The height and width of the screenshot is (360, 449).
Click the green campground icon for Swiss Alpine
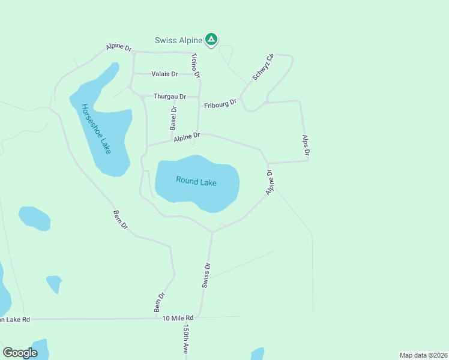(211, 40)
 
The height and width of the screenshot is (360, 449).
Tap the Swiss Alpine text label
(178, 40)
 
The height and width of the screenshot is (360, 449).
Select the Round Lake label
(196, 181)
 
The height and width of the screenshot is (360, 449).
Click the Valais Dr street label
(164, 74)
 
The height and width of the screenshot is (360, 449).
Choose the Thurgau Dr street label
(170, 96)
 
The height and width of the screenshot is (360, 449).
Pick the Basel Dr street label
(173, 118)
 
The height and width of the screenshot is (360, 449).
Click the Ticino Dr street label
(195, 65)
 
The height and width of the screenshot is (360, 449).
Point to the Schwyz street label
(263, 67)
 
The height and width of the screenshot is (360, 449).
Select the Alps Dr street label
(306, 146)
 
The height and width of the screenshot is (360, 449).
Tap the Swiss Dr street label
(206, 274)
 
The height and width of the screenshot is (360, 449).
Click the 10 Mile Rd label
(178, 317)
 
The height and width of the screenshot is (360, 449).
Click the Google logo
(20, 352)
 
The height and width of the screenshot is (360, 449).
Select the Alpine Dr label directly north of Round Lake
(187, 137)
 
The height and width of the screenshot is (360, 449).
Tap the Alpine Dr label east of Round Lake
(270, 182)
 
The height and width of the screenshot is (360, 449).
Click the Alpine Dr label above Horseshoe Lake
(119, 47)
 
